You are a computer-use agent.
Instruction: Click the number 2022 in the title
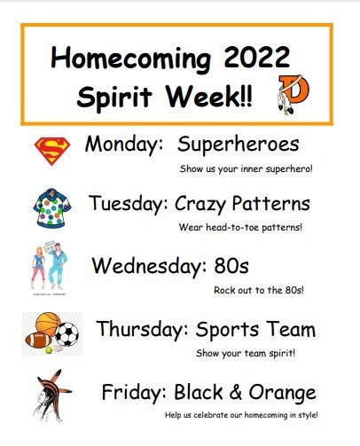[x=256, y=57]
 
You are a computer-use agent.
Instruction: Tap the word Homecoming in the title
[x=130, y=59]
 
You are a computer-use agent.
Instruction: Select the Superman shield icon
[x=52, y=151]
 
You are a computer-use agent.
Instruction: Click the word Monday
[x=124, y=145]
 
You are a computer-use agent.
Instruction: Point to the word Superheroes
[x=238, y=145]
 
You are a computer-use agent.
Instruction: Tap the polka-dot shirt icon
[x=52, y=208]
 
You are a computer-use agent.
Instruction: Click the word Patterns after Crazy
[x=270, y=203]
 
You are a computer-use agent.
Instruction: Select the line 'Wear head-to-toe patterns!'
[x=240, y=227]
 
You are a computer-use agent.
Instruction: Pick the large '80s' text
[x=231, y=265]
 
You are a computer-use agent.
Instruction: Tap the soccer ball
[x=67, y=334]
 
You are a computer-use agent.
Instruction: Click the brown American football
[x=38, y=340]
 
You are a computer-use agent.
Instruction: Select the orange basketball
[x=47, y=324]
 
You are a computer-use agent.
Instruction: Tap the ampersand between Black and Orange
[x=235, y=392]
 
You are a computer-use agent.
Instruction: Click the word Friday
[x=135, y=392]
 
